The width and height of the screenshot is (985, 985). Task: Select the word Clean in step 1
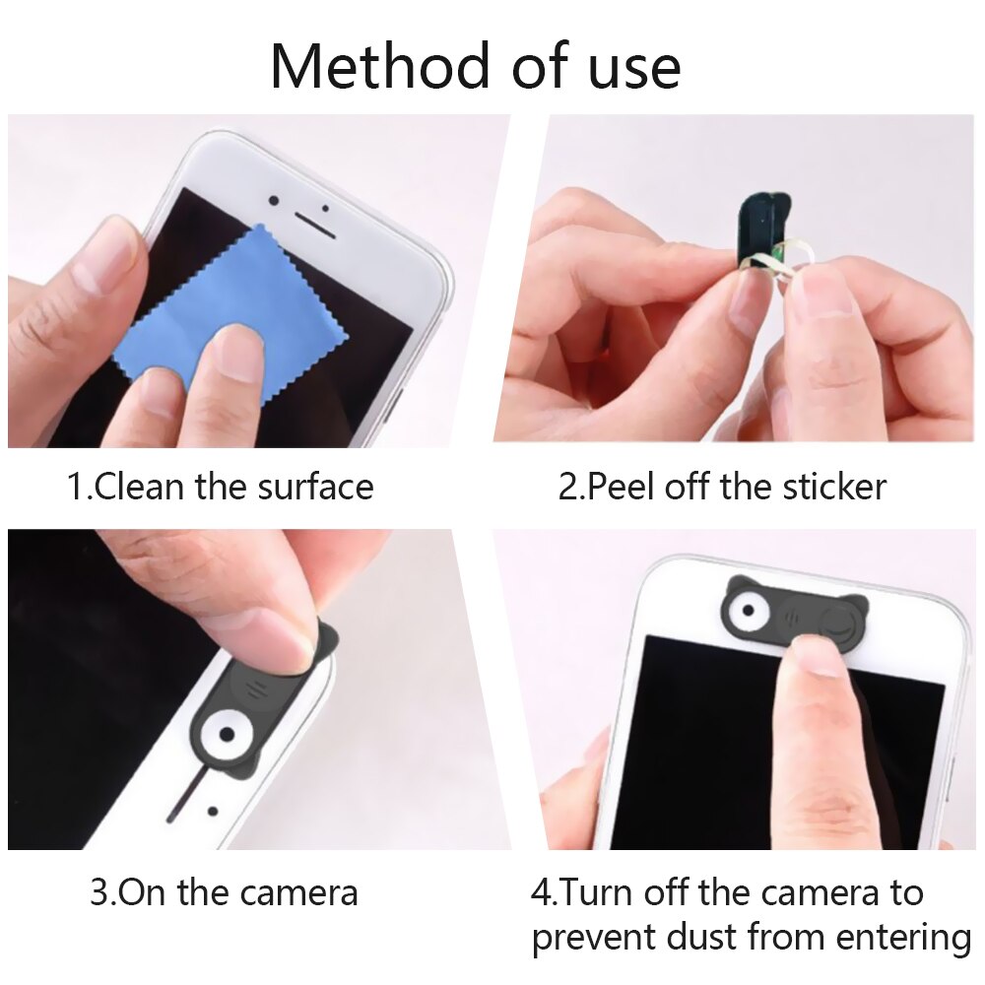pos(139,487)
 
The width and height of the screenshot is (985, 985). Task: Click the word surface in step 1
pos(315,487)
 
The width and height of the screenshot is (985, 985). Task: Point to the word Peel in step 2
pos(621,487)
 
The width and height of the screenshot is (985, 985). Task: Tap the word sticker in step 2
pos(834,487)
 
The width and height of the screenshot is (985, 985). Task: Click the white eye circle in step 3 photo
pos(227,734)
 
